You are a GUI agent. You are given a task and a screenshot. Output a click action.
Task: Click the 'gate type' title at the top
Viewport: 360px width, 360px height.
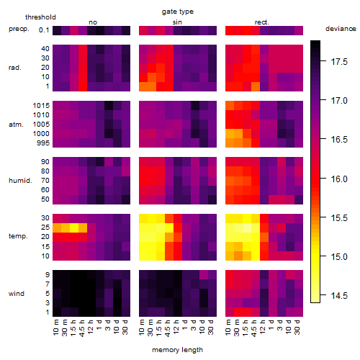coord(178,12)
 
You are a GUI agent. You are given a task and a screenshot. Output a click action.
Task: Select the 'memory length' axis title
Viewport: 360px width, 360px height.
coord(177,350)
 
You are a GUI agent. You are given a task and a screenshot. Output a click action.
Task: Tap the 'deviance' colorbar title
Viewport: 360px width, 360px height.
coord(341,29)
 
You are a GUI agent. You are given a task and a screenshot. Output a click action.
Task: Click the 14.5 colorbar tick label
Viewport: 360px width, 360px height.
coord(339,295)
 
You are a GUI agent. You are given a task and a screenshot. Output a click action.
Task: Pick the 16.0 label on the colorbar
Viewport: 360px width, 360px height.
coord(339,179)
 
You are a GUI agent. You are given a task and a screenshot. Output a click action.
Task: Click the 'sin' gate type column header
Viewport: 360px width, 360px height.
coord(177,22)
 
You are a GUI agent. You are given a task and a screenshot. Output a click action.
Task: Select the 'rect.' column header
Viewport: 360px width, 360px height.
coord(262,22)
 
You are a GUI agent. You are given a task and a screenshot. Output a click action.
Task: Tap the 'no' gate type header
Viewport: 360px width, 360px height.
coord(93,22)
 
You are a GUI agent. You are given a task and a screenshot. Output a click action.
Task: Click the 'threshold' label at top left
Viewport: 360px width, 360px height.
coord(40,17)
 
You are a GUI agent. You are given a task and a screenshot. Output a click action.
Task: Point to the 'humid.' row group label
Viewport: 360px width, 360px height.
coord(20,181)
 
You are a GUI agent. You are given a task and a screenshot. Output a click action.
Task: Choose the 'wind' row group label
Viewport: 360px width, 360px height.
coord(17,294)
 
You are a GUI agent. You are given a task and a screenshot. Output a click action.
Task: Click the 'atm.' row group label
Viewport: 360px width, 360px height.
coord(16,125)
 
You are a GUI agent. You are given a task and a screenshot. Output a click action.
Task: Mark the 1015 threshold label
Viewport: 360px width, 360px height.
coord(41,105)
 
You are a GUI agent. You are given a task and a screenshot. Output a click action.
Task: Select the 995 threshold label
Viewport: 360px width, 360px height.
coord(43,143)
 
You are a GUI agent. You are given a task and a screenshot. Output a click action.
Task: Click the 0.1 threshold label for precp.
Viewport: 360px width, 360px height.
coord(44,30)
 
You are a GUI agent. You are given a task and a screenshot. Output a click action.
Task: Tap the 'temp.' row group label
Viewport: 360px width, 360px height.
coord(18,236)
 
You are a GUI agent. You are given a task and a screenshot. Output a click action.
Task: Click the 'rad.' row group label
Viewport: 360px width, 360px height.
coord(15,68)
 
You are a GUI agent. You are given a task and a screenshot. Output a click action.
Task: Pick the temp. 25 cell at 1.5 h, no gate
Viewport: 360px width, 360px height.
coord(74,228)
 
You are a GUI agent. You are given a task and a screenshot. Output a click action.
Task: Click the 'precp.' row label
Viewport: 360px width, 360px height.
coord(19,29)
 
